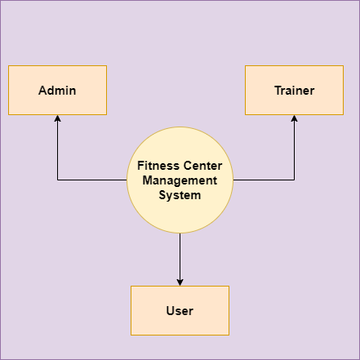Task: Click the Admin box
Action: coord(57,90)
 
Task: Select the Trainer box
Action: coord(294,90)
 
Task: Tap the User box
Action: coord(180,310)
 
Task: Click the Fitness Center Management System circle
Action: coord(180,180)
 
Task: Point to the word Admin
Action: coord(57,91)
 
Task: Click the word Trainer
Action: coord(295,91)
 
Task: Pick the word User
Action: coord(180,311)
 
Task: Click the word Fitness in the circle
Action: coord(158,166)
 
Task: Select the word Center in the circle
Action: coord(202,166)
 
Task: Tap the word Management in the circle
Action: coord(180,180)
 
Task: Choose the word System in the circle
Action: coord(180,195)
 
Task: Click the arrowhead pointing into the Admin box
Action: coord(57,118)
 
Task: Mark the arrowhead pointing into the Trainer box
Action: coord(294,118)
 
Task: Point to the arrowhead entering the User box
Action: coord(180,282)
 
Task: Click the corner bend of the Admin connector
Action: coord(57,180)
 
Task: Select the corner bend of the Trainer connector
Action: coord(294,180)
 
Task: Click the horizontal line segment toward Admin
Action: coord(92,180)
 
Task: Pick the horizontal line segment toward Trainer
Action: coord(264,180)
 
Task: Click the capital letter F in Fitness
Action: coord(140,166)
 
